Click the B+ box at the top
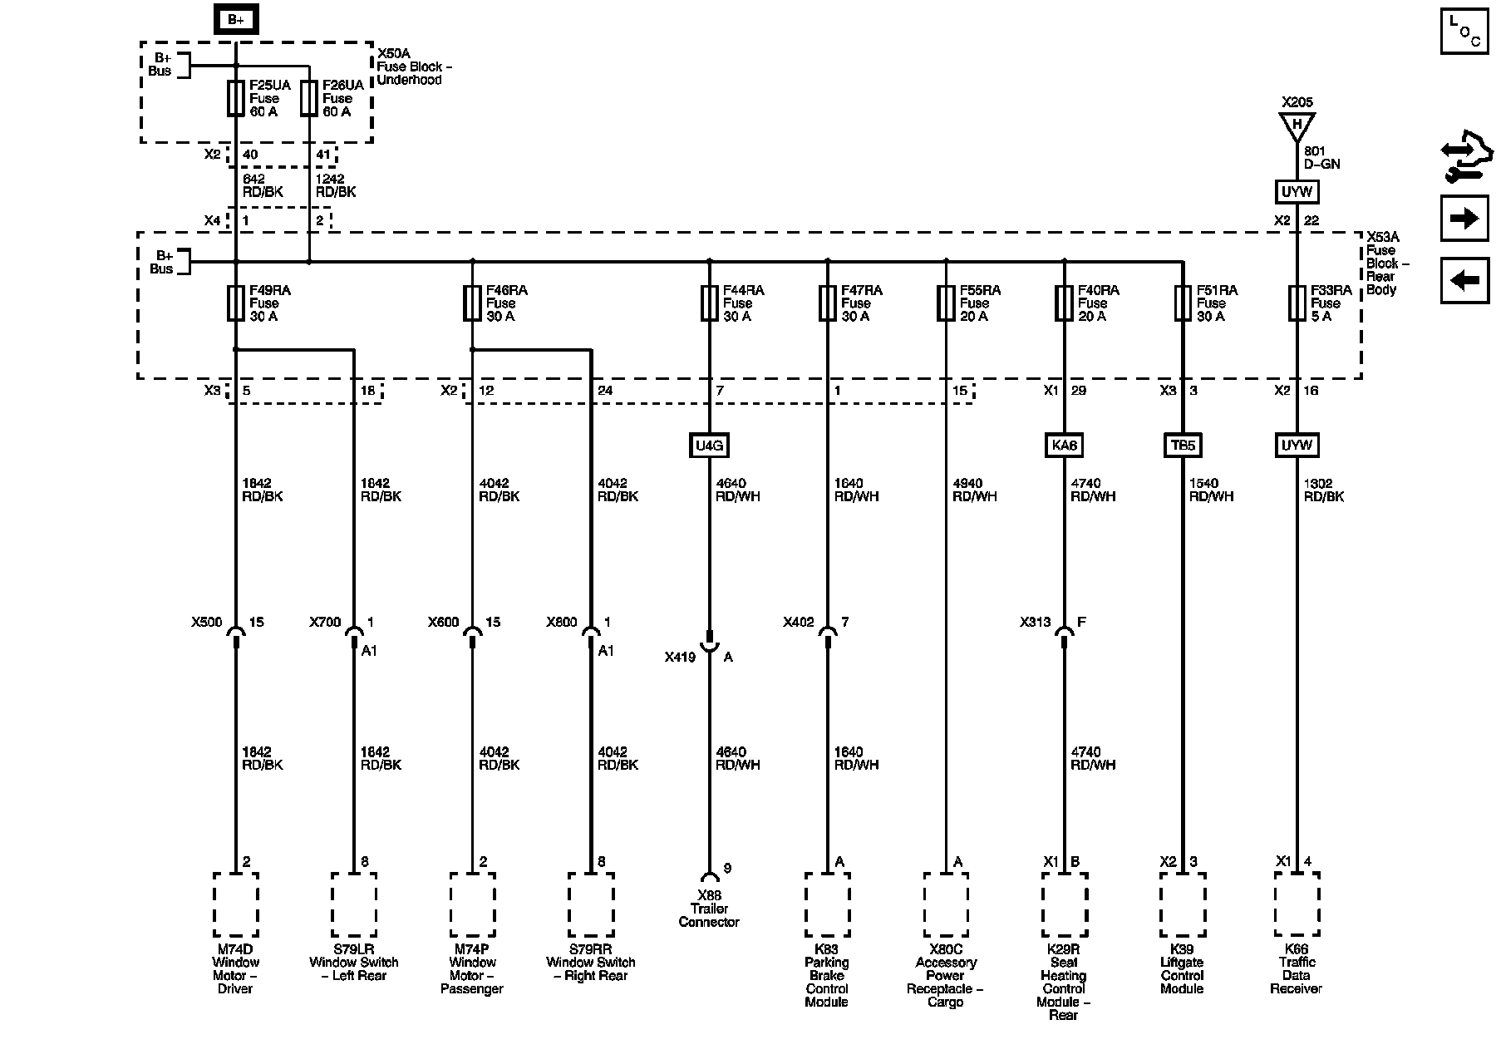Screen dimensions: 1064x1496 (236, 20)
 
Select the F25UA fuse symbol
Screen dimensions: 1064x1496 (236, 98)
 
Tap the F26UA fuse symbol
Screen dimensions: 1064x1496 (309, 98)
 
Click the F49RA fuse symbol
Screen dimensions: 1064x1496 (236, 303)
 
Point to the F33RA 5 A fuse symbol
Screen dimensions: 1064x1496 (1297, 303)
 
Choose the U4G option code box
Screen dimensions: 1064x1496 (709, 446)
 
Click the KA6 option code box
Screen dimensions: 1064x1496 (1064, 446)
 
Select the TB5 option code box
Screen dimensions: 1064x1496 (1182, 446)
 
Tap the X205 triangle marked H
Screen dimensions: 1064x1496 (1297, 126)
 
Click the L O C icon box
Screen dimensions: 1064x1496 (1464, 32)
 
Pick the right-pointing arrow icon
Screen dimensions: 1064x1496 (1464, 219)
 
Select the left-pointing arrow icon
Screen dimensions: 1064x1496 (1464, 280)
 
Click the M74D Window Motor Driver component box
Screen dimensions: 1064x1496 (236, 904)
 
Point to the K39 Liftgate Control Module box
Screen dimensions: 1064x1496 (1182, 904)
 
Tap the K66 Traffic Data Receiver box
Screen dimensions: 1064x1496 (1297, 904)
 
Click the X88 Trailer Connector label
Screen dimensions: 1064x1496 (709, 909)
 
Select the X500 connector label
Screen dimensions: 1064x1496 (207, 622)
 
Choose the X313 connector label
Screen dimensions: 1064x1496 (1036, 622)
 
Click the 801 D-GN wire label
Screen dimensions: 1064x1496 (1321, 158)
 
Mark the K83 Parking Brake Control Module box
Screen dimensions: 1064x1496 (827, 904)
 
